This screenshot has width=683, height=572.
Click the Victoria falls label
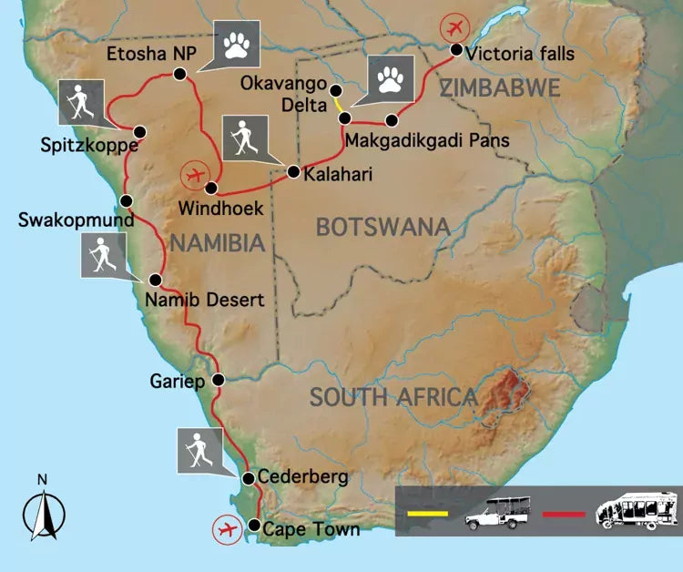pyautogui.click(x=520, y=54)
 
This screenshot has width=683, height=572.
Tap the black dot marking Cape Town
pyautogui.click(x=254, y=526)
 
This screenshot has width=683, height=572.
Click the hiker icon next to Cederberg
pyautogui.click(x=198, y=447)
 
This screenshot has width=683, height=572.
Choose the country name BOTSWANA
pyautogui.click(x=383, y=227)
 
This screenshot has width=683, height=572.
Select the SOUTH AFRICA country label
pyautogui.click(x=393, y=397)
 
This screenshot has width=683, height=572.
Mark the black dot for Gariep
pyautogui.click(x=218, y=380)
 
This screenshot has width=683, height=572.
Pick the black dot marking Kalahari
pyautogui.click(x=293, y=171)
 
